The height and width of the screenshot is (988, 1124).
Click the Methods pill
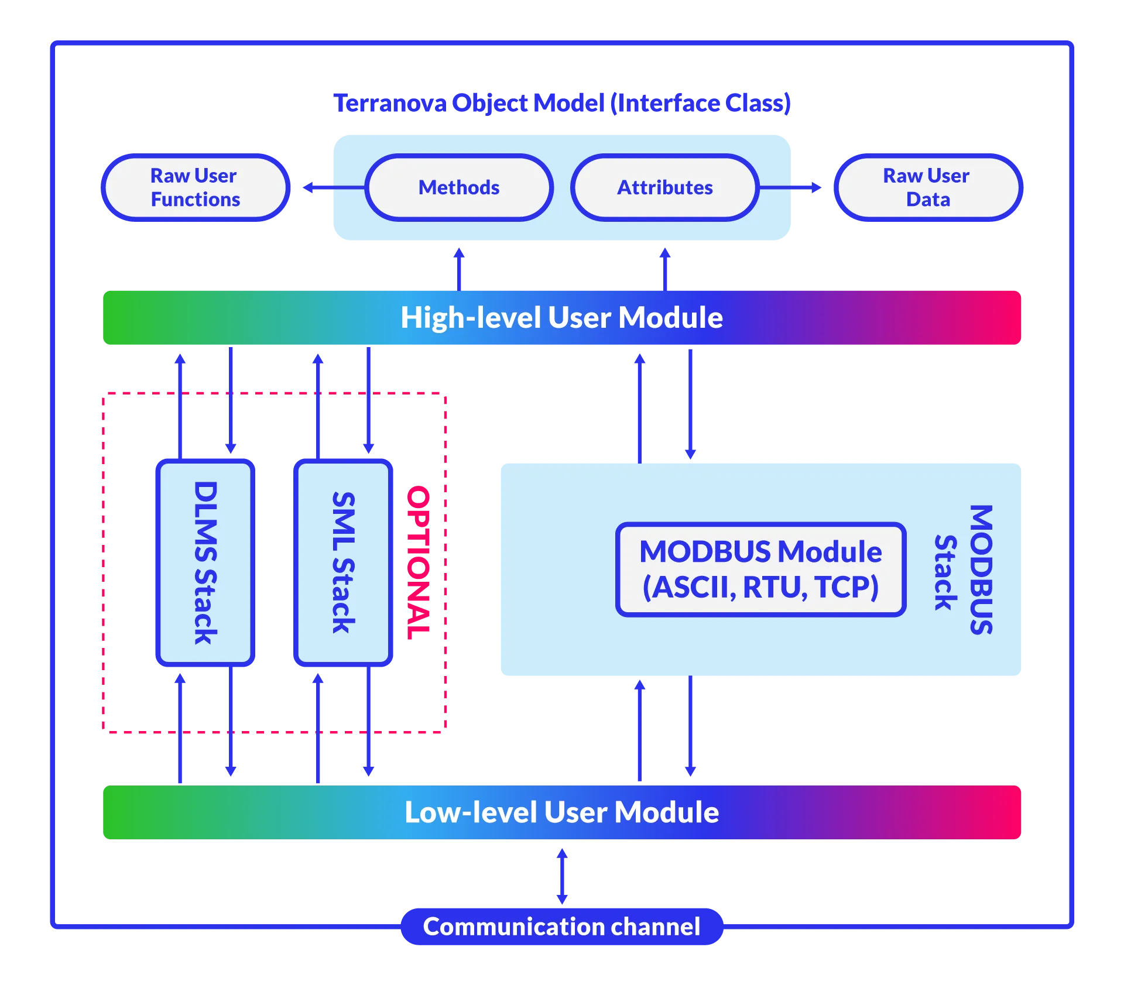459,187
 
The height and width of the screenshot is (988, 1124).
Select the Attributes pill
665,187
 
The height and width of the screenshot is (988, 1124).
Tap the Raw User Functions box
196,187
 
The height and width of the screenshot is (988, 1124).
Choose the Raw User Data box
928,187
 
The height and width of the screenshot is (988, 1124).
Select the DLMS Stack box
205,562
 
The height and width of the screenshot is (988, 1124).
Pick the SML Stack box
342,562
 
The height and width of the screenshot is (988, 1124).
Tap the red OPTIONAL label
419,562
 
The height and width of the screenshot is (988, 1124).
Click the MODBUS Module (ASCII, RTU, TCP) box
760,570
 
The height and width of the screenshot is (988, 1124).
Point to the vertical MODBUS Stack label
964,570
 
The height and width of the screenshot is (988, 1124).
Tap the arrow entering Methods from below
459,266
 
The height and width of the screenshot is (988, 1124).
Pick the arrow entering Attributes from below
665,266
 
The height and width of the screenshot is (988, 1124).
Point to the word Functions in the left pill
196,200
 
